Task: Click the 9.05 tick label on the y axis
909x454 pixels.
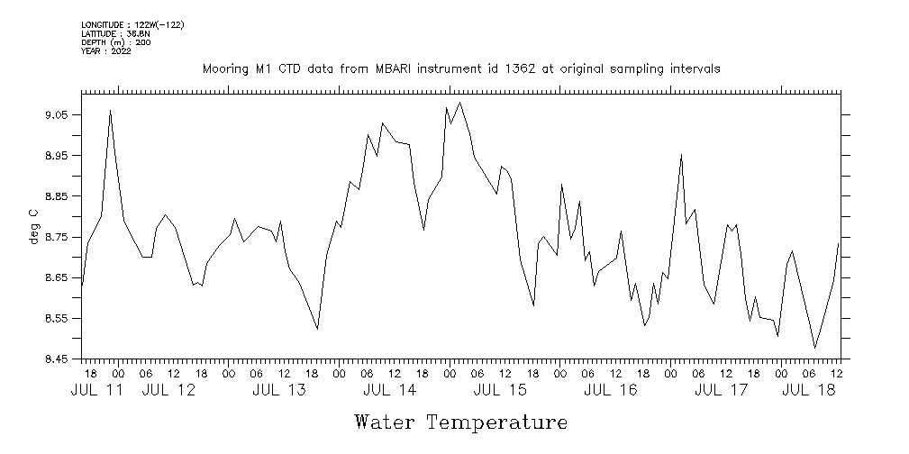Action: (x=56, y=115)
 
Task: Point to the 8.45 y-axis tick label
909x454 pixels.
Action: (x=56, y=359)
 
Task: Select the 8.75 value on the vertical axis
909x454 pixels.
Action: (x=56, y=237)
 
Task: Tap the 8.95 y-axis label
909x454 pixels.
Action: (x=56, y=156)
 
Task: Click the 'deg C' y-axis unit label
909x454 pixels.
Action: (x=33, y=226)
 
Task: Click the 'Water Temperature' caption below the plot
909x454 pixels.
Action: (x=461, y=422)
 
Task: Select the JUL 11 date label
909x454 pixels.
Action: (x=97, y=391)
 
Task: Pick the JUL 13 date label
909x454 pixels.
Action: (x=278, y=391)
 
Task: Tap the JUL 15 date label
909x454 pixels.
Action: (x=500, y=391)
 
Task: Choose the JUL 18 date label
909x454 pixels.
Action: (x=806, y=391)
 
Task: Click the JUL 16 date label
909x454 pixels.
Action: (x=611, y=391)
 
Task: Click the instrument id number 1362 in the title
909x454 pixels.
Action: (x=514, y=68)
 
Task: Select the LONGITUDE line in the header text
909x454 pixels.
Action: (x=132, y=25)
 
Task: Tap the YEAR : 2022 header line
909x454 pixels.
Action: (x=106, y=51)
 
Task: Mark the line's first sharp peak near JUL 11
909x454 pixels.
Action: (x=110, y=110)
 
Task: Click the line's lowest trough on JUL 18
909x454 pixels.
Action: (x=815, y=348)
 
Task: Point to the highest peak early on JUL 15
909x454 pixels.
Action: (x=460, y=102)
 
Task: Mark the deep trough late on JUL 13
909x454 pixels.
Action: (x=318, y=329)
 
